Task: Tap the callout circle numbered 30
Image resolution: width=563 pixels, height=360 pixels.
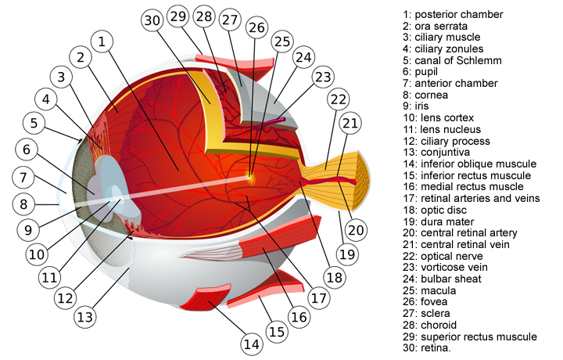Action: tap(153, 21)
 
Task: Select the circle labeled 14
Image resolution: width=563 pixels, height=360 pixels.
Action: tap(250, 343)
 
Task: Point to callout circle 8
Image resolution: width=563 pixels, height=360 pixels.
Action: tap(25, 204)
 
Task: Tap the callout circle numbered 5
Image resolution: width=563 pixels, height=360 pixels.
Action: tap(34, 123)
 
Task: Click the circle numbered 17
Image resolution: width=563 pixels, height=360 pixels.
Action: tap(317, 298)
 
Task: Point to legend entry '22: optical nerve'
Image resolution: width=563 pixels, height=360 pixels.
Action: tap(450, 256)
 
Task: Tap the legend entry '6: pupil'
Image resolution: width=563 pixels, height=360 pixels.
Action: tap(428, 71)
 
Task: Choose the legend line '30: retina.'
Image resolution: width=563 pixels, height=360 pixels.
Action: tap(433, 347)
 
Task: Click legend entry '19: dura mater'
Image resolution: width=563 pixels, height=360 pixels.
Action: tap(444, 221)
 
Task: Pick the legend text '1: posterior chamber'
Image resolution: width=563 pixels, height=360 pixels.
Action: tap(453, 14)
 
